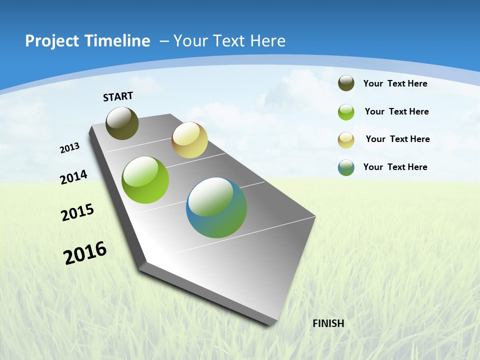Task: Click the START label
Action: (118, 96)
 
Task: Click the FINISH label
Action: (328, 323)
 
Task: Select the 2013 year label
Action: (70, 148)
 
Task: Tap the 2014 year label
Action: (74, 177)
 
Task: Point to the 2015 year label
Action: (77, 212)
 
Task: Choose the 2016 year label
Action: (85, 253)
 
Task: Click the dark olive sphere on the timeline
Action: (122, 123)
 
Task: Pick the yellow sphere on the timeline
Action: (189, 140)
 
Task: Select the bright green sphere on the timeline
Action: (145, 180)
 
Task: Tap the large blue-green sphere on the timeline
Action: (216, 207)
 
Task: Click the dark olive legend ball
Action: (346, 83)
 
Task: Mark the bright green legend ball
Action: (346, 112)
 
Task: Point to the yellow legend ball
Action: (346, 140)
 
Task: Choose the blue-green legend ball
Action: (346, 167)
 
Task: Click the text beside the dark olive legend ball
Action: (395, 83)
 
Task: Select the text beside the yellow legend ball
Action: (397, 139)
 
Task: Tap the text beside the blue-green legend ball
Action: (395, 167)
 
